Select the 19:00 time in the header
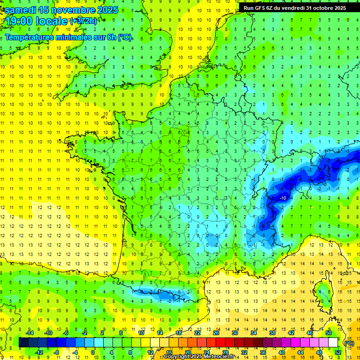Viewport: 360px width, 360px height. tap(20, 22)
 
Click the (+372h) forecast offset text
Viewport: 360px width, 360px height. tap(83, 21)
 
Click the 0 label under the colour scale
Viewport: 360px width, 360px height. tap(93, 352)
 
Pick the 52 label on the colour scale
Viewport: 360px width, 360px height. tap(338, 352)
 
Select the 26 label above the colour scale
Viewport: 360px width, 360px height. tap(216, 333)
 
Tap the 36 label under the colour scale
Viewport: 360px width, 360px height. tap(262, 352)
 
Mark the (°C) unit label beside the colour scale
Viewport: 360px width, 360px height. tap(349, 343)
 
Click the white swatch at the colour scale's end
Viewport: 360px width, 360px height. tap(333, 343)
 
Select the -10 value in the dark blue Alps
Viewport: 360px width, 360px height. tap(283, 198)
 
